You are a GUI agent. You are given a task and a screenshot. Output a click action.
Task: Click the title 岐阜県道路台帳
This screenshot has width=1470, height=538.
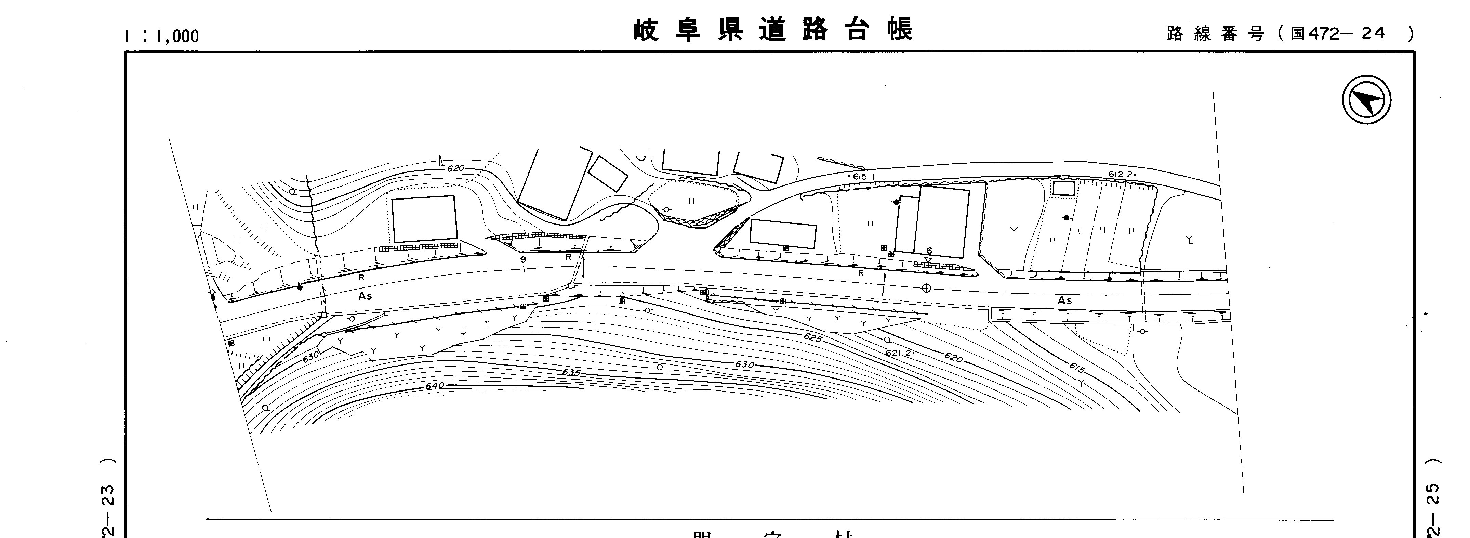pyautogui.click(x=773, y=30)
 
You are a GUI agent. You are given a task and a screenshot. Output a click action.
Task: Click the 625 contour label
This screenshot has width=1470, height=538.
pyautogui.click(x=812, y=338)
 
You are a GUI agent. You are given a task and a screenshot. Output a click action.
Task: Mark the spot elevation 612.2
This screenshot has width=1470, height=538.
pyautogui.click(x=1121, y=174)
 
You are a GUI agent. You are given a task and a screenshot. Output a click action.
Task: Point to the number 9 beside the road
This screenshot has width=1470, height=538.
pyautogui.click(x=523, y=260)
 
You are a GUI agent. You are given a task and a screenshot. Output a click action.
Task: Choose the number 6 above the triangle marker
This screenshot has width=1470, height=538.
pyautogui.click(x=929, y=251)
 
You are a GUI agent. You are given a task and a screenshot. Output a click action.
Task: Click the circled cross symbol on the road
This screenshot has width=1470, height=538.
pyautogui.click(x=926, y=289)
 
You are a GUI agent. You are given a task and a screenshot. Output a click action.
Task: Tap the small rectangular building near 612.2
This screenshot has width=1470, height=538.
pyautogui.click(x=1064, y=189)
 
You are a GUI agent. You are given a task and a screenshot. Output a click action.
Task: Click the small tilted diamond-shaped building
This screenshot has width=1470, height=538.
pyautogui.click(x=608, y=174)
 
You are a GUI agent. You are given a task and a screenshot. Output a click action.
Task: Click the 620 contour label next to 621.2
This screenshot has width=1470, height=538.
pyautogui.click(x=953, y=358)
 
